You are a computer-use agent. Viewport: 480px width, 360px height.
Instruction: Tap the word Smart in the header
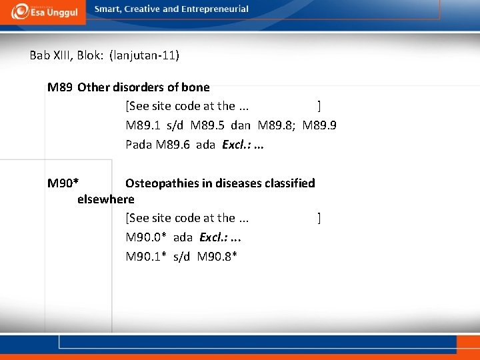pyautogui.click(x=107, y=9)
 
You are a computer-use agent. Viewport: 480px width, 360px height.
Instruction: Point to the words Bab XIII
pyautogui.click(x=51, y=55)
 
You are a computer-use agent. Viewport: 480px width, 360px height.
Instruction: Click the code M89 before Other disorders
pyautogui.click(x=60, y=87)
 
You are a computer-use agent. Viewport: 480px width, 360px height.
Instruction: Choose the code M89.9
pyautogui.click(x=319, y=125)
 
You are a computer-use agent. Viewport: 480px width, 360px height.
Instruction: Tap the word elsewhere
pyautogui.click(x=106, y=199)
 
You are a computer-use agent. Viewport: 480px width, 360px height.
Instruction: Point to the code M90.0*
pyautogui.click(x=146, y=237)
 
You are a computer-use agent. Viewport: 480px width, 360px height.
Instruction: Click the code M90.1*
pyautogui.click(x=146, y=257)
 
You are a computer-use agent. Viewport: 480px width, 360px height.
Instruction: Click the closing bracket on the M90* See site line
pyautogui.click(x=319, y=218)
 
